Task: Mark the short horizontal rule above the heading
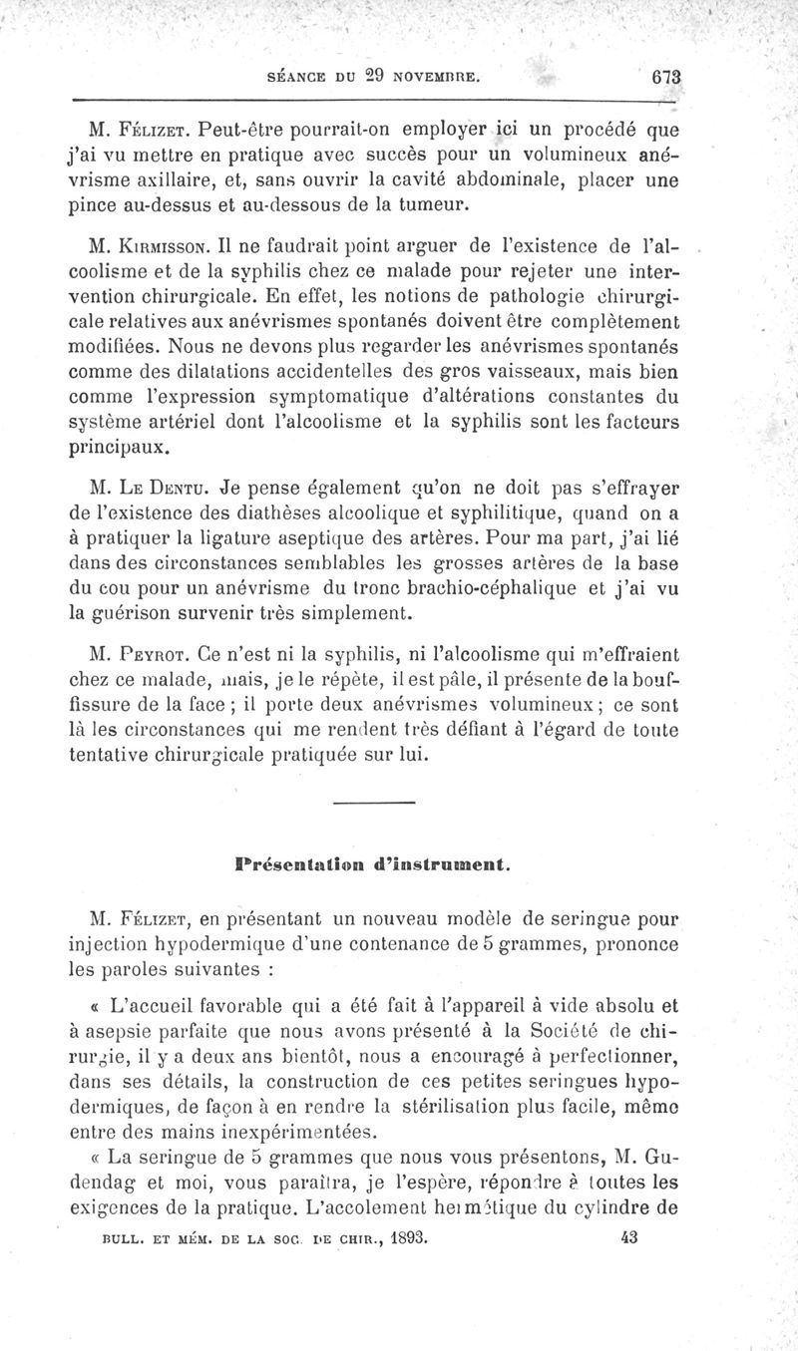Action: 373,803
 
